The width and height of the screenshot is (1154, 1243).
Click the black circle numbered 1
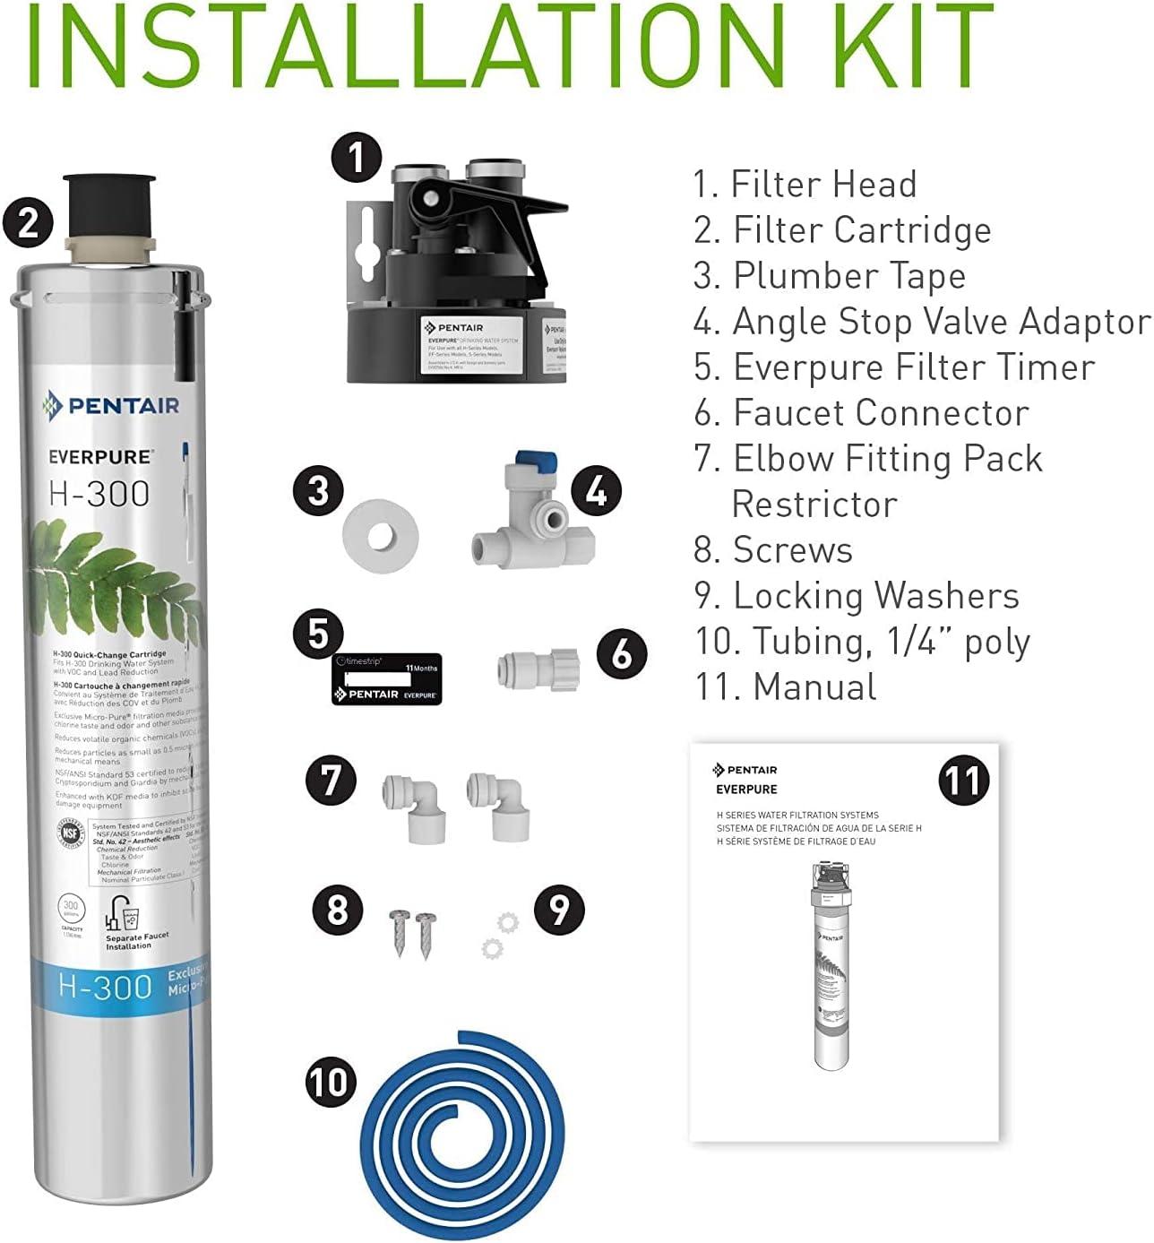click(357, 159)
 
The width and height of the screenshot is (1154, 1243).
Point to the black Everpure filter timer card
click(386, 679)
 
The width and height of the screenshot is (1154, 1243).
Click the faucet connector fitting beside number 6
click(538, 668)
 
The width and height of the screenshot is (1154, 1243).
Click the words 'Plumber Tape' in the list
click(848, 275)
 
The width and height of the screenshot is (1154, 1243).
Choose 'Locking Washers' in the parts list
click(875, 595)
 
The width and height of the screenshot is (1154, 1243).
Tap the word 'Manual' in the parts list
click(814, 686)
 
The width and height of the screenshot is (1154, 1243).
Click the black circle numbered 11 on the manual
click(964, 780)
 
